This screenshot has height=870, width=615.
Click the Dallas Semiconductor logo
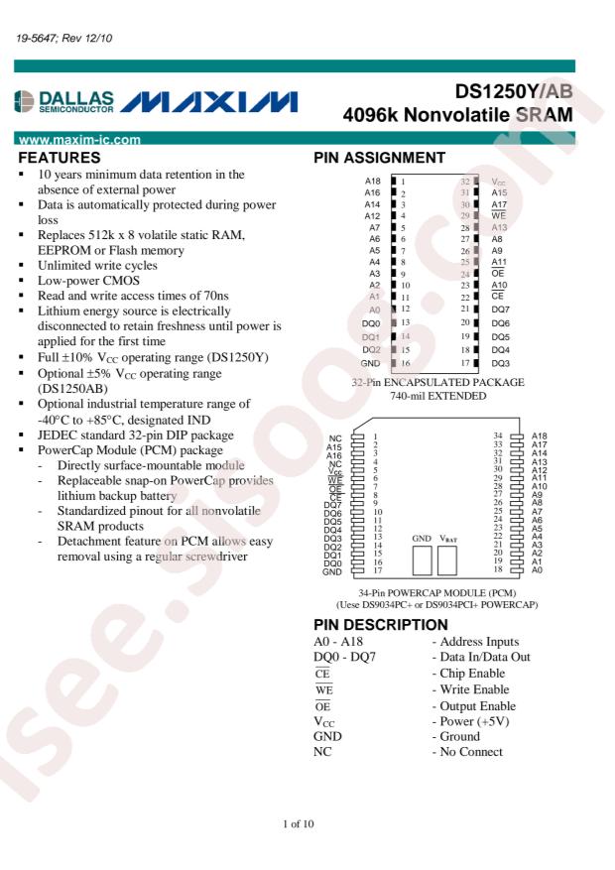(x=67, y=103)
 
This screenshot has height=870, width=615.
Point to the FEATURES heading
(x=60, y=157)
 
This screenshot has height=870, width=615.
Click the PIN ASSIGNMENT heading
(x=379, y=157)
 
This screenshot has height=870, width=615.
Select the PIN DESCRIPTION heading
(x=380, y=625)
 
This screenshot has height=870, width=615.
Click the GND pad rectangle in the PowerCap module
(x=423, y=561)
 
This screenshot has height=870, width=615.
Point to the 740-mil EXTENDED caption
(x=438, y=395)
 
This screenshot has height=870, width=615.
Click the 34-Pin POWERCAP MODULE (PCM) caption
(x=437, y=592)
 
